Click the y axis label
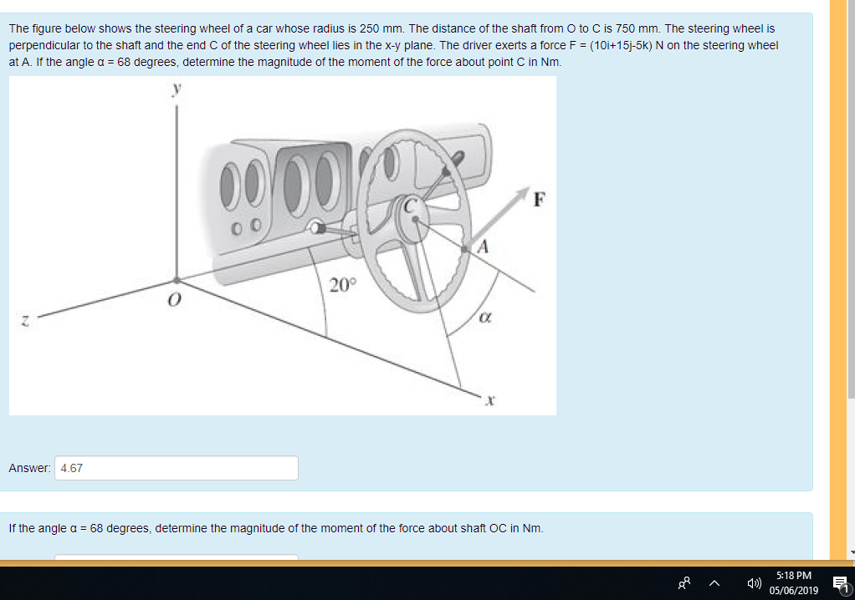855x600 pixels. click(177, 89)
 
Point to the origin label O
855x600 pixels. click(174, 299)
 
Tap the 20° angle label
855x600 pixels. click(341, 285)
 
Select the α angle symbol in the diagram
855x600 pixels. click(484, 318)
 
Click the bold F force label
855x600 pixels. click(540, 200)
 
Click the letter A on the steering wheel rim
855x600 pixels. click(483, 247)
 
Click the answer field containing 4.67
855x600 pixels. click(177, 468)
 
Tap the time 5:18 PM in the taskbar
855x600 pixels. click(793, 576)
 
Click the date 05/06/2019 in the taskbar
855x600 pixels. click(793, 590)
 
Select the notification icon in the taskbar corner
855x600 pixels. click(839, 583)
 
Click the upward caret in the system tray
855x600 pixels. click(716, 583)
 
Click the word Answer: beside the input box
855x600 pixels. click(29, 468)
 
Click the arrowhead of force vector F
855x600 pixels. click(525, 193)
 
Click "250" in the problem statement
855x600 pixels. click(369, 28)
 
